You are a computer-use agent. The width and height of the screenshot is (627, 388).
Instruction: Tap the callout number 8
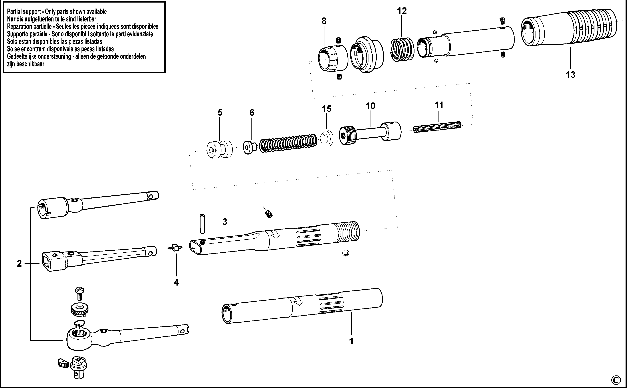[x=324, y=21]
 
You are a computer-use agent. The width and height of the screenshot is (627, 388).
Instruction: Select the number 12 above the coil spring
[x=402, y=11]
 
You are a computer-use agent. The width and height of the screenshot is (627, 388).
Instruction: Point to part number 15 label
[x=327, y=109]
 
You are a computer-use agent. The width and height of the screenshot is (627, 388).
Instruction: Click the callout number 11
[x=439, y=105]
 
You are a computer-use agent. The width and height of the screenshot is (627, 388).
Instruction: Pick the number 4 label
[x=176, y=282]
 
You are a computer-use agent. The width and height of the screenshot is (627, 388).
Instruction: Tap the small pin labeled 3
[x=202, y=224]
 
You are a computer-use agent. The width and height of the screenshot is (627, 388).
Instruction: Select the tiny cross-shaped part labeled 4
[x=175, y=248]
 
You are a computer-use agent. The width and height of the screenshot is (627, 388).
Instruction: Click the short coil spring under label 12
[x=402, y=50]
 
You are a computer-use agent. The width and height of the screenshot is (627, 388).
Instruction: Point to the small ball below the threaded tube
[x=346, y=254]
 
